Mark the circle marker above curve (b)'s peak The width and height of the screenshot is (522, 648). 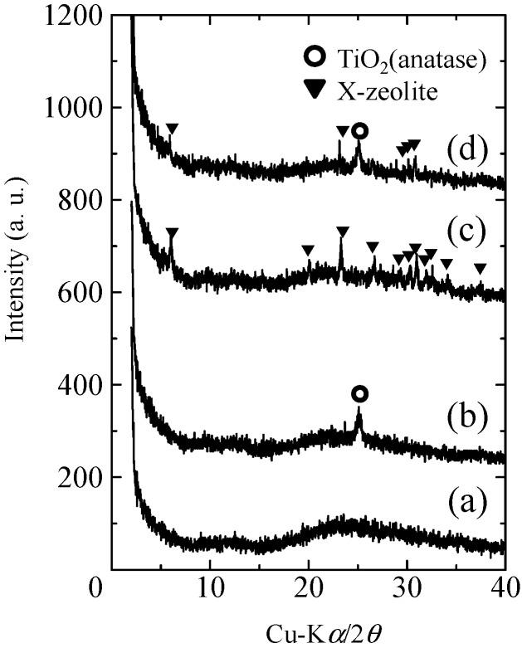[x=359, y=393]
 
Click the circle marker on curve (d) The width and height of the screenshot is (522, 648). [x=359, y=131]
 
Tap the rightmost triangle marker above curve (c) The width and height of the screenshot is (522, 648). [x=480, y=268]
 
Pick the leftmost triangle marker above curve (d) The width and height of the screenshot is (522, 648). [x=172, y=129]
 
